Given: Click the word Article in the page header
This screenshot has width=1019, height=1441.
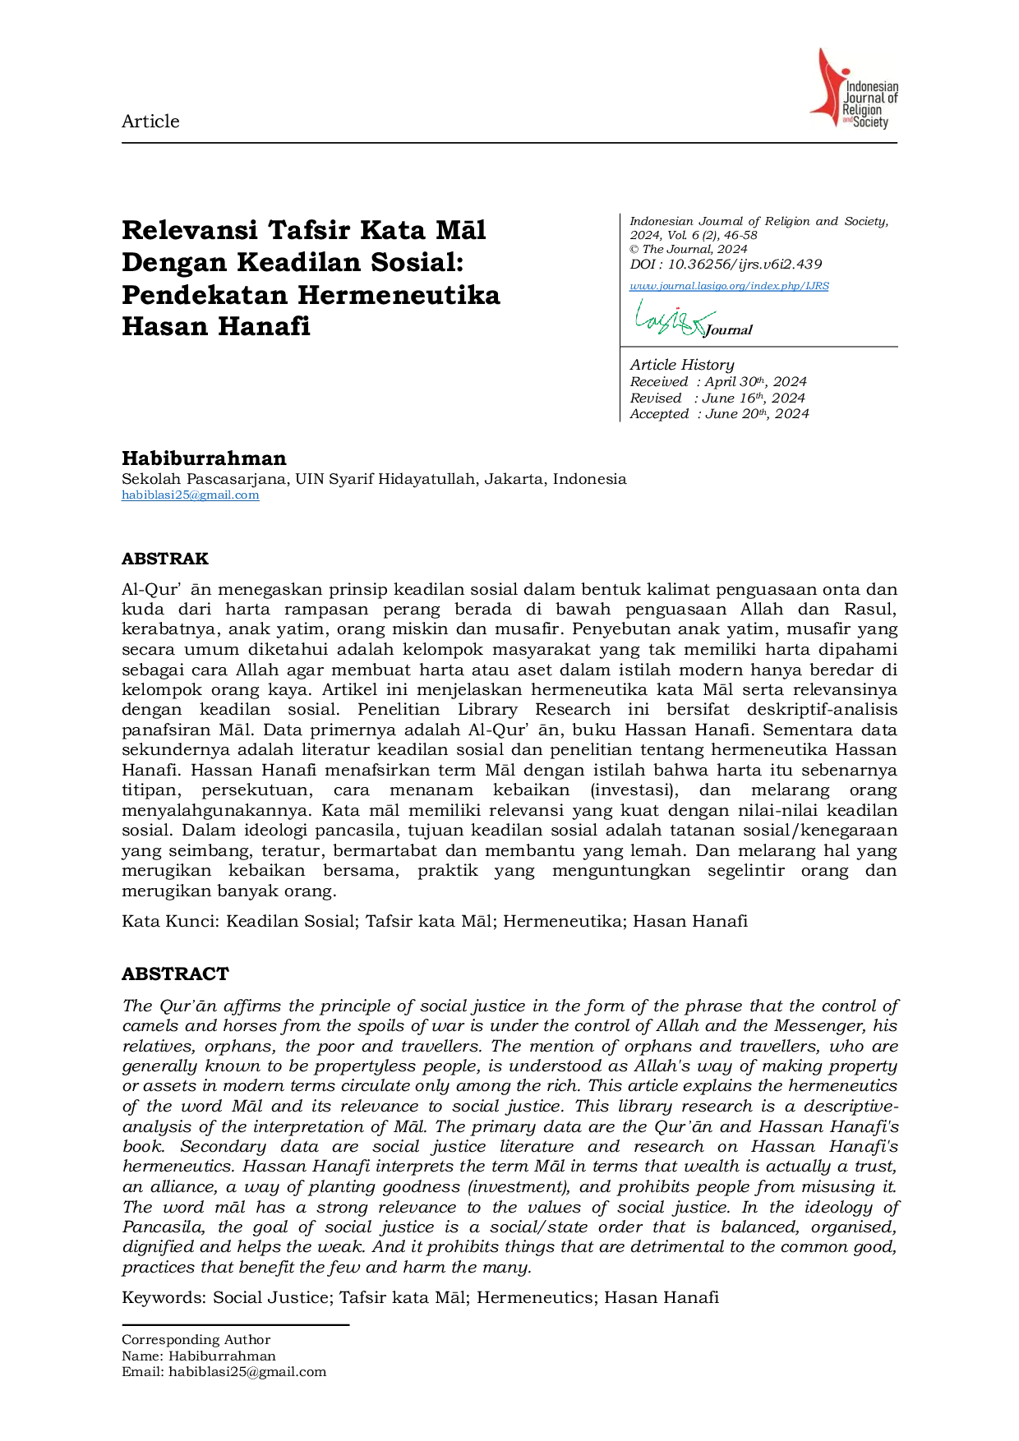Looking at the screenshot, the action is [x=150, y=122].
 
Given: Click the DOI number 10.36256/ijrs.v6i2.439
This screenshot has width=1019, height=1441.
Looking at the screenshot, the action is [x=745, y=265].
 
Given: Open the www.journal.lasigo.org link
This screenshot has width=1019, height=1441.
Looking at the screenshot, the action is [x=729, y=286].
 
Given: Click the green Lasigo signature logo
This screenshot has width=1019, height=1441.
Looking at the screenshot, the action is [x=674, y=318].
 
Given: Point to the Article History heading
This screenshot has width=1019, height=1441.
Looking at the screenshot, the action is [x=682, y=365].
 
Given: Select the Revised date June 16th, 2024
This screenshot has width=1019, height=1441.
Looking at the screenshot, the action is [x=754, y=398].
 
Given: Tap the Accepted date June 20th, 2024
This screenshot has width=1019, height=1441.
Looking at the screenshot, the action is [x=757, y=414].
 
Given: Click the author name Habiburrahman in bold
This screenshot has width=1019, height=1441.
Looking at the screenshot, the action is [x=204, y=458].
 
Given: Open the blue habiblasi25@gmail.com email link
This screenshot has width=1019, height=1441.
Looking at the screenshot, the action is [x=191, y=495].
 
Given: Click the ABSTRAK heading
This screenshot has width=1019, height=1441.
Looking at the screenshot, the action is [x=165, y=559].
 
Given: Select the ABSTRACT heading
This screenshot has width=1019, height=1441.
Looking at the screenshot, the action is [x=175, y=974].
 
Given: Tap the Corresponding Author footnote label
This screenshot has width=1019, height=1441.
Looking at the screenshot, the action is [x=196, y=1340].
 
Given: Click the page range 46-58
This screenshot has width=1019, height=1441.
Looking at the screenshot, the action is [x=740, y=235].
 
